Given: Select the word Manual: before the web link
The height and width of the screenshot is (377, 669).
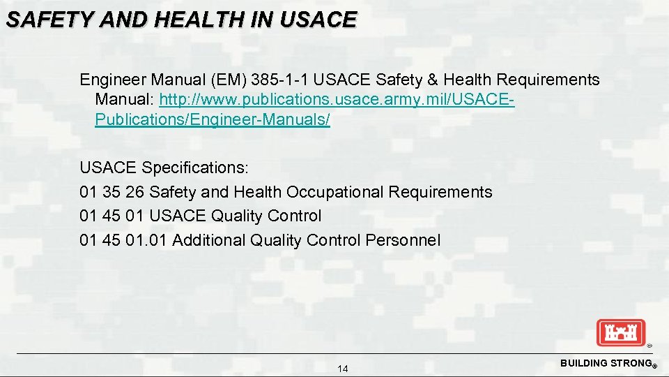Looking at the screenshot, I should point(125,100).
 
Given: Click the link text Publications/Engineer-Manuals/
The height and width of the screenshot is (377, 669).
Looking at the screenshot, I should point(213,119).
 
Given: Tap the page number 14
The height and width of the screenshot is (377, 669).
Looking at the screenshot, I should point(342,369).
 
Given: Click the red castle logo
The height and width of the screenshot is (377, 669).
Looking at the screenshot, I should point(621,332).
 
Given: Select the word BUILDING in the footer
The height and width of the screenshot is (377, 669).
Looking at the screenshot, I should point(584,364).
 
